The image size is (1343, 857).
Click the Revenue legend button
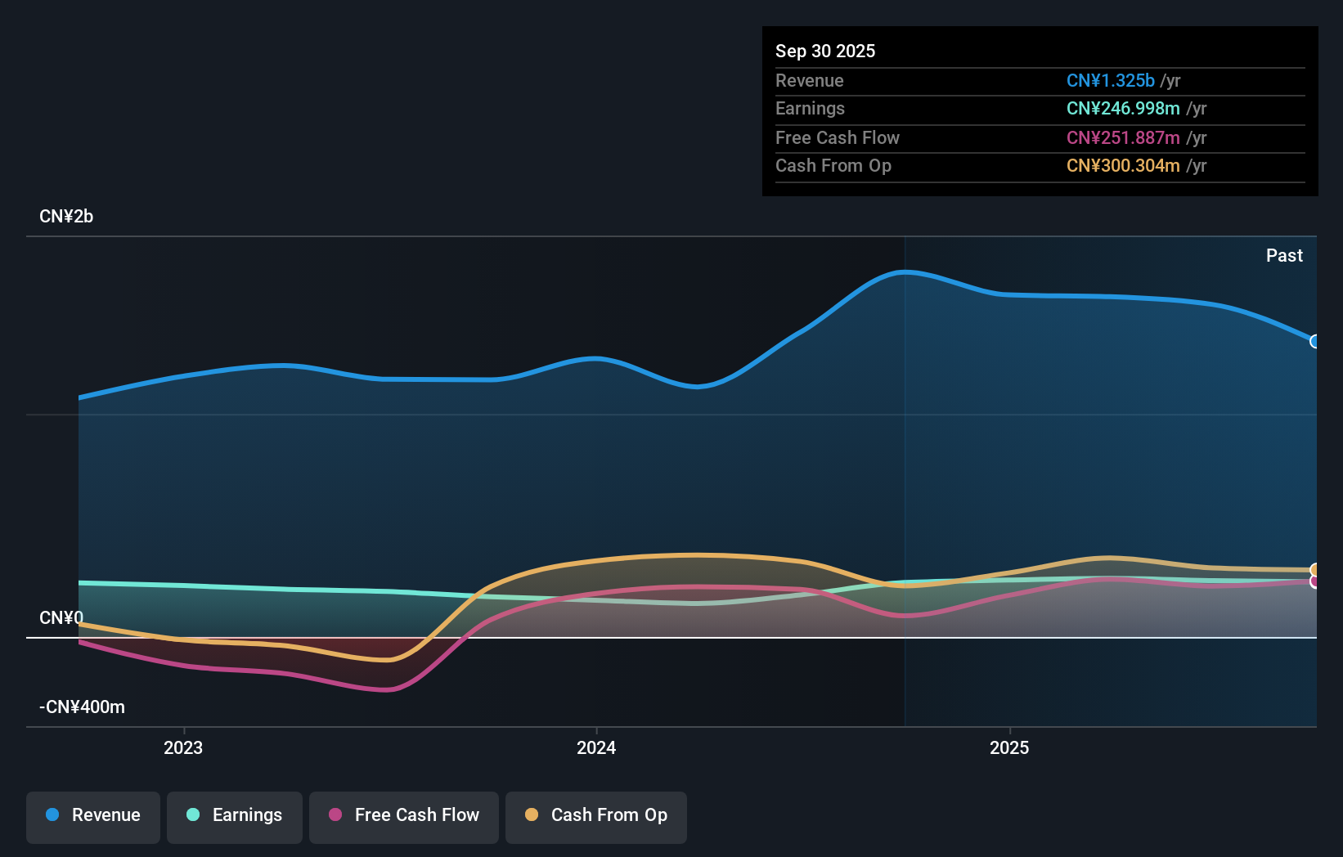tap(93, 815)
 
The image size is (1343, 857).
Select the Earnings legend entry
tap(235, 815)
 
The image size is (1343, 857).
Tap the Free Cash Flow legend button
tap(404, 815)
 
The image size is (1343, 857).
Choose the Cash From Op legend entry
tap(596, 815)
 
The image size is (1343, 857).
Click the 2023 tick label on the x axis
tap(183, 747)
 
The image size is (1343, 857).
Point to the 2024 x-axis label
tap(596, 747)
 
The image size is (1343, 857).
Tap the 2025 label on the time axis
tap(1009, 747)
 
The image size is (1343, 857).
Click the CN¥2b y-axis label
tap(66, 217)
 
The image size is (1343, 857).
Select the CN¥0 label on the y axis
tap(61, 617)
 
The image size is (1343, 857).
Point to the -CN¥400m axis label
tap(82, 707)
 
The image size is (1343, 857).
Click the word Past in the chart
tap(1284, 255)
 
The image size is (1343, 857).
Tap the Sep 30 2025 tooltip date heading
tap(825, 51)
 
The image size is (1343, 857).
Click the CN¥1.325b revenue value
tap(1110, 80)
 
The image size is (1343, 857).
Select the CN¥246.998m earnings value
tap(1122, 108)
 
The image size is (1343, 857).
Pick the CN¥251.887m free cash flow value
tap(1122, 137)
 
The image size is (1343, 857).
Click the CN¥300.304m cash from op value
tap(1122, 165)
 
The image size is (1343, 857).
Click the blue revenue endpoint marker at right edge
tap(1314, 341)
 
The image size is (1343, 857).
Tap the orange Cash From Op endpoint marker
tap(1314, 570)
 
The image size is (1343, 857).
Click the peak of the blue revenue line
tap(905, 271)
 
